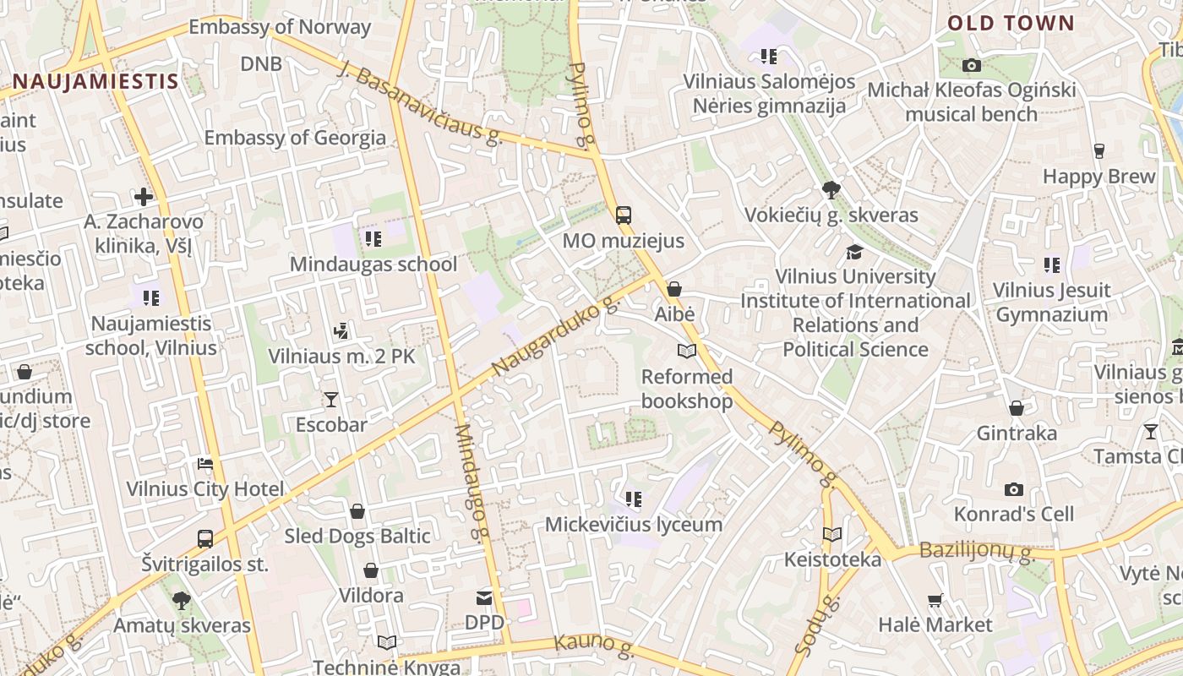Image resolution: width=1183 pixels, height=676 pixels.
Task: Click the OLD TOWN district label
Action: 1011,24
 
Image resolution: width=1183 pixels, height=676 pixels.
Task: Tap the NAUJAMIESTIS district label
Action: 95,82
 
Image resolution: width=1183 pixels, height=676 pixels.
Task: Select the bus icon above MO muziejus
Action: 624,215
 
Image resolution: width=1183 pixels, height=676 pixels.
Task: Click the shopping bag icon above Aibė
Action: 674,289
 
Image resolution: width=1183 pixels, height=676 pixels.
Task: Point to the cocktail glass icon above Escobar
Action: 330,399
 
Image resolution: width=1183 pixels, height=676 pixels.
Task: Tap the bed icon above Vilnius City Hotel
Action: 205,464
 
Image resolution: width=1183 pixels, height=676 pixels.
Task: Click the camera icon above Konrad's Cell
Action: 1014,489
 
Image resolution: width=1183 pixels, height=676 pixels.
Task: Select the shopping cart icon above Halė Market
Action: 935,600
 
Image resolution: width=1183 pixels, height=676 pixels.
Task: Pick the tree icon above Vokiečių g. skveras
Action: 831,190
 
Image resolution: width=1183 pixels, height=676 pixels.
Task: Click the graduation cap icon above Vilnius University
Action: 855,252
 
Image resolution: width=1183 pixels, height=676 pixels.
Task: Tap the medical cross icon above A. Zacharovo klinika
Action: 144,197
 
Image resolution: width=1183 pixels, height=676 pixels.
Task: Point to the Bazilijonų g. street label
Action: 976,552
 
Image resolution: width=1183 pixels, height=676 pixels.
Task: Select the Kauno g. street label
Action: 593,645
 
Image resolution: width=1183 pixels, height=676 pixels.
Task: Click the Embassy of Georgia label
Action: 295,137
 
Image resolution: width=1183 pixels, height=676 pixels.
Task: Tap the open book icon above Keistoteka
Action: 832,534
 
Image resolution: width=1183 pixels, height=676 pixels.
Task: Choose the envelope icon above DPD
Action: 484,598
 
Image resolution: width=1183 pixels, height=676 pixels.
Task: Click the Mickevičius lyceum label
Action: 633,524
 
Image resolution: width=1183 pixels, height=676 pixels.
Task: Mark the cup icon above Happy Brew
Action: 1098,151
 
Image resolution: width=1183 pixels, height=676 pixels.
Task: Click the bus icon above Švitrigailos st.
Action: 205,538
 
